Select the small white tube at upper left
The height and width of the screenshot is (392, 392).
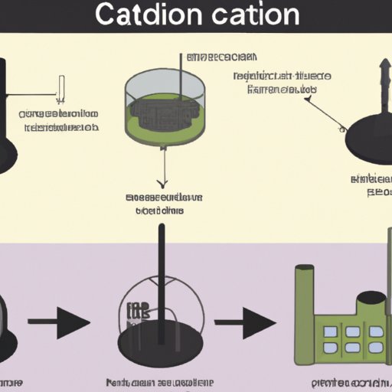coord(60,86)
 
